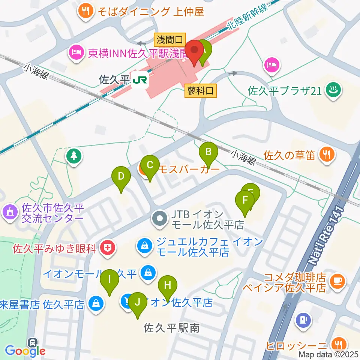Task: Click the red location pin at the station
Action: point(195,51)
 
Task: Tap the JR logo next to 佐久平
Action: point(140,80)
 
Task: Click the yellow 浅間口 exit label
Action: point(170,39)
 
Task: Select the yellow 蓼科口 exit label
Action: point(201,90)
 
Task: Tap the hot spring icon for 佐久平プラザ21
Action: point(332,91)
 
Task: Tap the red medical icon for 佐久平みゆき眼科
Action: point(108,247)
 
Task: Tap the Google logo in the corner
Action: point(25,351)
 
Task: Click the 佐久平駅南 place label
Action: point(171,328)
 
